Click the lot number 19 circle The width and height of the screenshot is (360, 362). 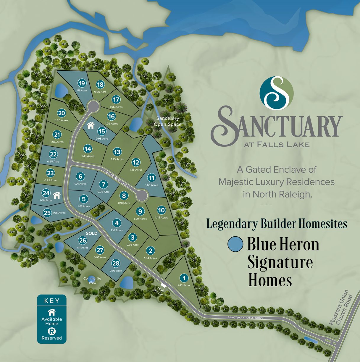pos(82,83)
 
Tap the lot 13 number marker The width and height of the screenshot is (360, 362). pos(117,152)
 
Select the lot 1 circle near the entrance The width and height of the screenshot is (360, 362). pos(184,278)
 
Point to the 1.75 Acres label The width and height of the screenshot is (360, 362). pos(117,159)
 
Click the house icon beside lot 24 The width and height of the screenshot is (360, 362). pos(56,195)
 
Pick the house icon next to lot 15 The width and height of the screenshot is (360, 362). pos(91,125)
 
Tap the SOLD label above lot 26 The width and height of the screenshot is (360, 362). pos(91,233)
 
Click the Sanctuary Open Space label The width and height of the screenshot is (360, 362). pos(167,121)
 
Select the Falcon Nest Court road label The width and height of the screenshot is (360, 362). pos(117,178)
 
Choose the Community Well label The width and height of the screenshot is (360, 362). pos(92,280)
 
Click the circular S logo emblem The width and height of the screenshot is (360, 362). pos(276,93)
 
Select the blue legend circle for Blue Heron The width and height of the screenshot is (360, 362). pos(235,244)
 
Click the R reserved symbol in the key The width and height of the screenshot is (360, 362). pos(51,332)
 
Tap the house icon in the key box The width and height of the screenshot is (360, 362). pos(52,312)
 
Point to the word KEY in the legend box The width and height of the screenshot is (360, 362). pos(52,301)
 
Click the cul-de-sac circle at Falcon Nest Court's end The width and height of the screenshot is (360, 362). pos(142,195)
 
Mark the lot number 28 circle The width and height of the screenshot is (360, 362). pos(116,263)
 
